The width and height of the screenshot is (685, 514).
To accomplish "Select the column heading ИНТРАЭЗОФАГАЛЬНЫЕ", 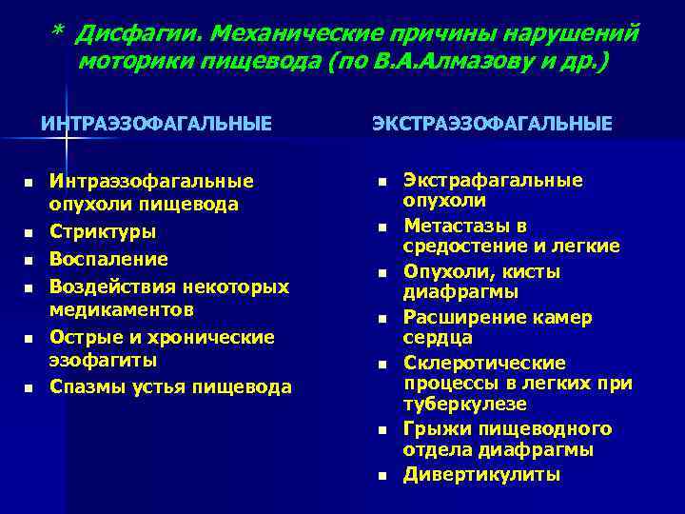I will pyautogui.click(x=156, y=124).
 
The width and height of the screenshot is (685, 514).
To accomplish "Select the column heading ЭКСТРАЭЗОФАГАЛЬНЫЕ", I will pyautogui.click(x=492, y=124).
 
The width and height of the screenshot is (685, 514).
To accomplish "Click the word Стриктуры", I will pyautogui.click(x=103, y=232).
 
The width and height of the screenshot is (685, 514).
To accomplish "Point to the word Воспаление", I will pyautogui.click(x=108, y=259).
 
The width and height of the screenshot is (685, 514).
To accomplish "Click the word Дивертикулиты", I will pyautogui.click(x=481, y=474).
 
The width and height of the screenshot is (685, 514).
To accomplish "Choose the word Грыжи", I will pyautogui.click(x=434, y=428).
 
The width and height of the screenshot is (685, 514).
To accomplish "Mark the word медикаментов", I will pyautogui.click(x=121, y=309).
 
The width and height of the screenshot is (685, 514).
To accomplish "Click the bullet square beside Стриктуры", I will pyautogui.click(x=29, y=233).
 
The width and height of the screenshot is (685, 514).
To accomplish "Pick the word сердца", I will pyautogui.click(x=438, y=338).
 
